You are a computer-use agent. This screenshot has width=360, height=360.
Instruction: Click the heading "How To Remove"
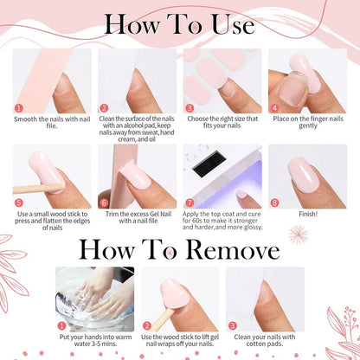pyautogui.click(x=179, y=250)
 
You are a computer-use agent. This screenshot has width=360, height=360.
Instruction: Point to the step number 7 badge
pyautogui.click(x=189, y=201)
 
